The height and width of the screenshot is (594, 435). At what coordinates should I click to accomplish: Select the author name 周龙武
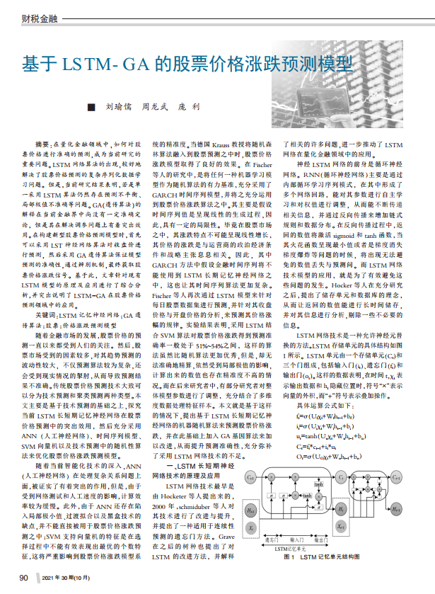(x=152, y=107)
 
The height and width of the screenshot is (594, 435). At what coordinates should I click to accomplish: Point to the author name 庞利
(x=187, y=107)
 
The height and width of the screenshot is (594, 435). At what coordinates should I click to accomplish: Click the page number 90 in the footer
(x=23, y=578)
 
